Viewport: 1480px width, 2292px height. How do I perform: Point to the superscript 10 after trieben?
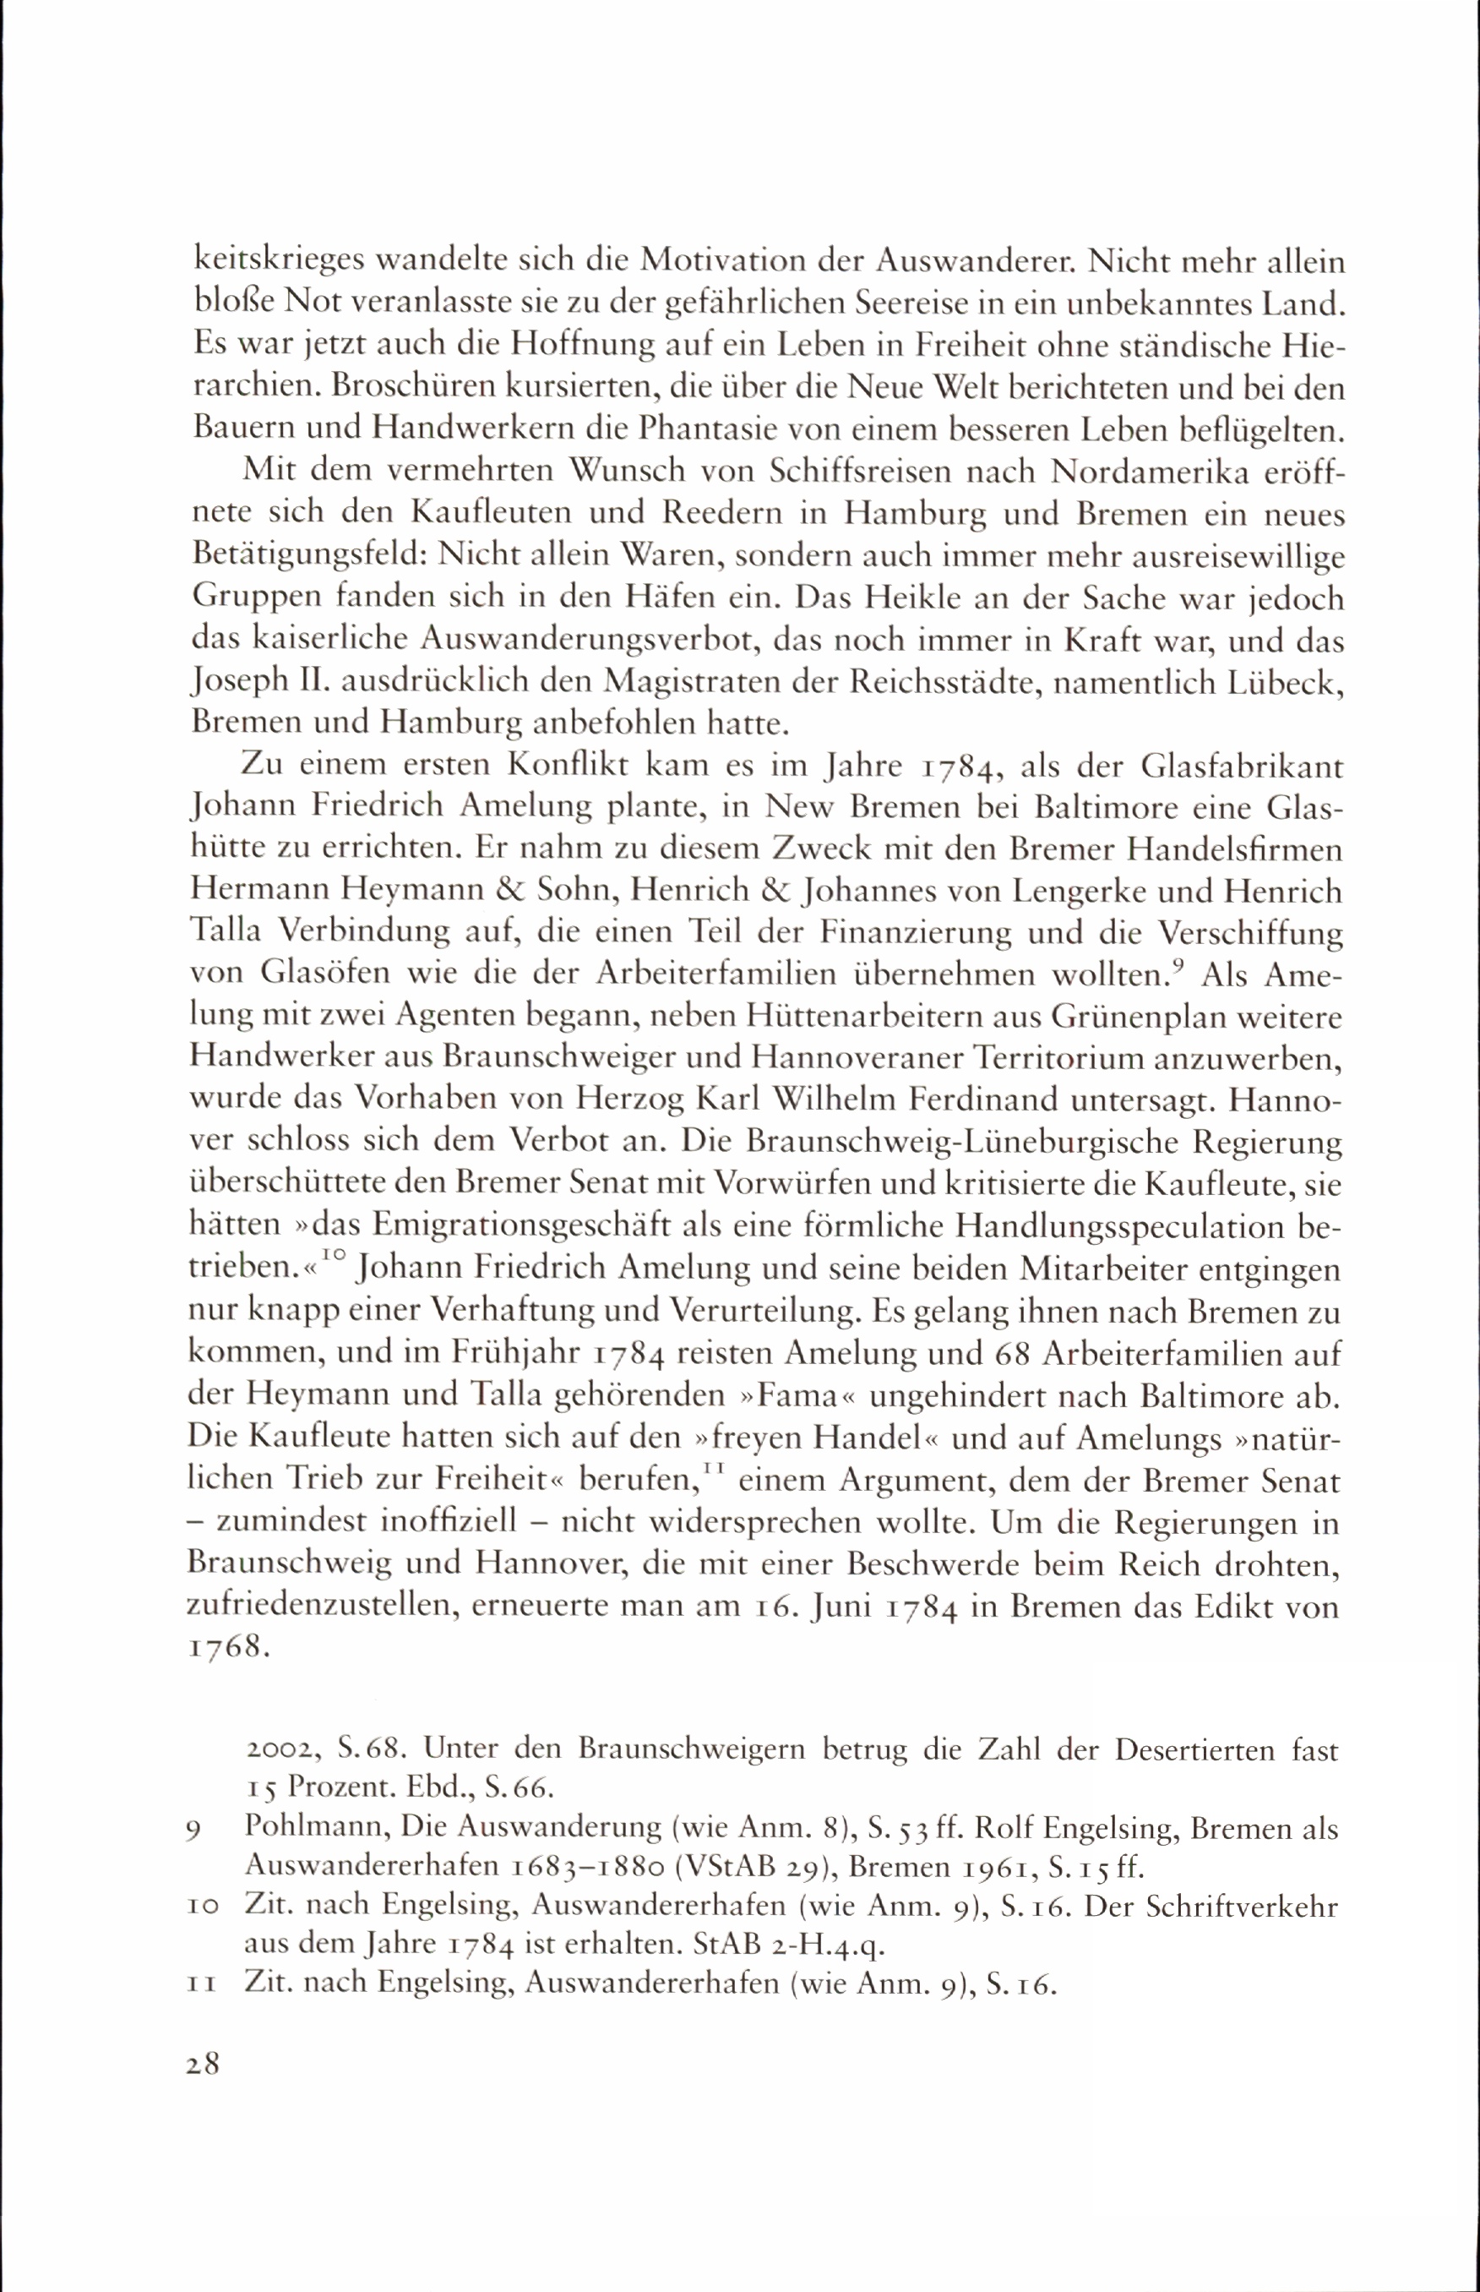(x=333, y=1256)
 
